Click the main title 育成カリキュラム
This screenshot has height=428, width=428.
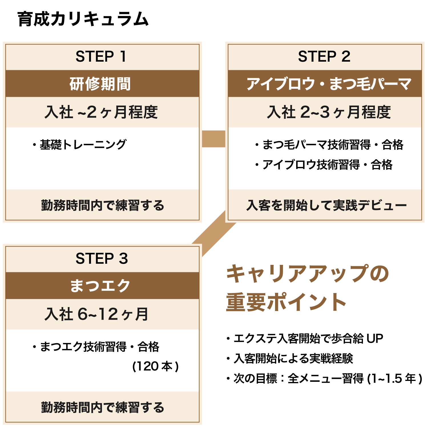pos(83,19)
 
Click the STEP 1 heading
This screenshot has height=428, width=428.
pos(101,56)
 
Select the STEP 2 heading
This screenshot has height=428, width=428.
pos(324,56)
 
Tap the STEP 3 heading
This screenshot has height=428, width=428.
pos(102,259)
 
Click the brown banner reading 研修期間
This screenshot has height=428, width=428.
pos(100,84)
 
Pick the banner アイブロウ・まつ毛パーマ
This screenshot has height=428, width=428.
pos(328,84)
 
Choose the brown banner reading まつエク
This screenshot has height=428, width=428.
pos(100,286)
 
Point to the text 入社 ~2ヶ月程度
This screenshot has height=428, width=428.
pos(101,112)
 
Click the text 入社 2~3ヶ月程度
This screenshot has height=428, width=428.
pos(329,112)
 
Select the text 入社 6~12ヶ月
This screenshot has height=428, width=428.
pos(96,314)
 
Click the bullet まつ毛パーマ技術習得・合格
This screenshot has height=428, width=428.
pos(329,145)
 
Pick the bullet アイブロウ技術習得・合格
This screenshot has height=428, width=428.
pos(324,165)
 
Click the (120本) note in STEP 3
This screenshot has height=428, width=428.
pos(156,366)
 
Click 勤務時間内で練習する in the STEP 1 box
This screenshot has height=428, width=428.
pos(103,205)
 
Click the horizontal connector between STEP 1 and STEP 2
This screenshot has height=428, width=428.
pos(213,139)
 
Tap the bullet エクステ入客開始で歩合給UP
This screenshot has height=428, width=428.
pos(305,339)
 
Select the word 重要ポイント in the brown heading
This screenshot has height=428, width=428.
pos(286,302)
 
